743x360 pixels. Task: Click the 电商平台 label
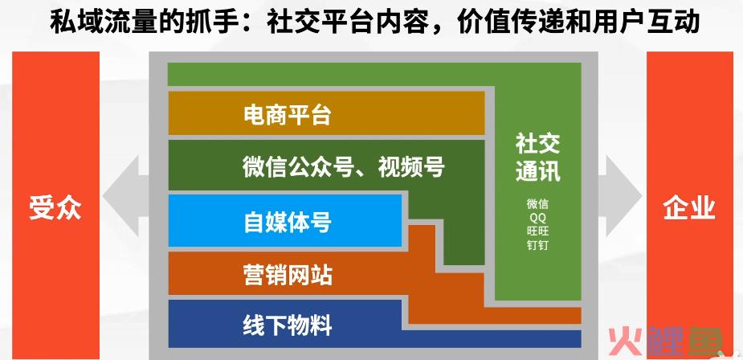(287, 115)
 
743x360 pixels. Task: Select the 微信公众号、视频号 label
(344, 167)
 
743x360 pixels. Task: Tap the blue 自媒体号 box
(285, 221)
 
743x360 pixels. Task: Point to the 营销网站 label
(288, 275)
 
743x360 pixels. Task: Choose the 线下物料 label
(288, 326)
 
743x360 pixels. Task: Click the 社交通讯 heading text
(538, 157)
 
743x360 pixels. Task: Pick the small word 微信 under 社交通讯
(538, 204)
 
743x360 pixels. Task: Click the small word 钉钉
(538, 246)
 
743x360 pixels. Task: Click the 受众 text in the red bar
(55, 208)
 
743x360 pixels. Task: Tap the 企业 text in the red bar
(689, 208)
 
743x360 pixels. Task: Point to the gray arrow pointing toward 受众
(125, 195)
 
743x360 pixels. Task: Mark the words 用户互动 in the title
(646, 22)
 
